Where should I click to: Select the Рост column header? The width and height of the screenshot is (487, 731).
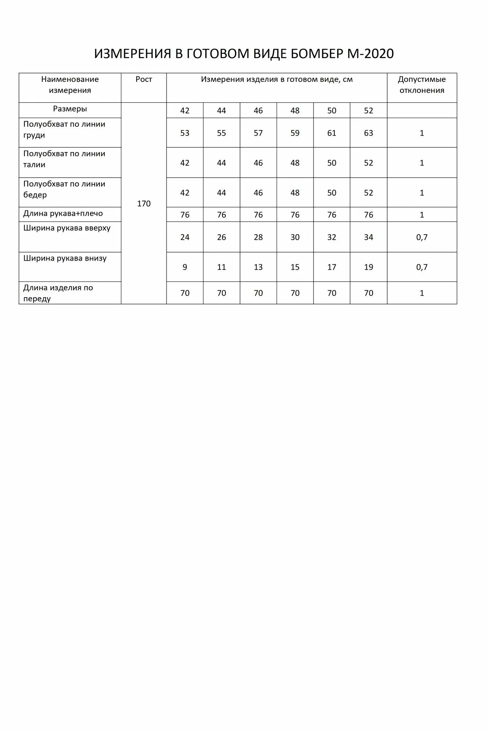point(144,79)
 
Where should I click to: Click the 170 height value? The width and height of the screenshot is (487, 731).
point(144,204)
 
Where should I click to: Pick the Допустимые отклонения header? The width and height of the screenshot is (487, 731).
point(422,85)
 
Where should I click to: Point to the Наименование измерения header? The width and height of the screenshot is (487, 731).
point(70,85)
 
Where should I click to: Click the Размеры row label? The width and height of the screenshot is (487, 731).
point(70,109)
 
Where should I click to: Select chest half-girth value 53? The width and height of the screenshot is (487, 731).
point(185,133)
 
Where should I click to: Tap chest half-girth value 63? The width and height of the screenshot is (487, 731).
point(368,133)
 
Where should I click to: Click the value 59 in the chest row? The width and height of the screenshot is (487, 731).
point(295,133)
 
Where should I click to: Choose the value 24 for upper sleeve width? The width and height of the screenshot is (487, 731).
point(185,237)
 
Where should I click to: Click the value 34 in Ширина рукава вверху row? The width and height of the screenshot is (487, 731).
point(368,237)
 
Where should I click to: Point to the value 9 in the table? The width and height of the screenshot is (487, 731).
point(185,267)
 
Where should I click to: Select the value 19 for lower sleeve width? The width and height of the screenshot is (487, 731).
point(368,267)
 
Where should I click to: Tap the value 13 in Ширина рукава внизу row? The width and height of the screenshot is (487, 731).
point(258,267)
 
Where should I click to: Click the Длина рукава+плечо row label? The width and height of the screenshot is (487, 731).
point(63,213)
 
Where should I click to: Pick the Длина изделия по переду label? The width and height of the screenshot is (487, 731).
point(58,293)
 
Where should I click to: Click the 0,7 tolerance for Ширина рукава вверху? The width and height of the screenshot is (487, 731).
point(422,237)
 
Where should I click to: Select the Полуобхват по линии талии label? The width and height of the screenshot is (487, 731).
point(64,159)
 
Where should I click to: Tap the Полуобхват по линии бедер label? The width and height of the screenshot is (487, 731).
point(64,189)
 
